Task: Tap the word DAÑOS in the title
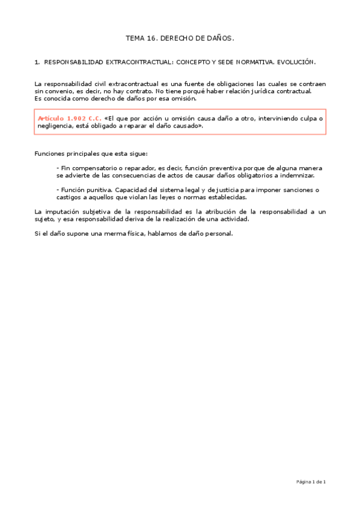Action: tap(219, 38)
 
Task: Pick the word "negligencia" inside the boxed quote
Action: tap(53, 126)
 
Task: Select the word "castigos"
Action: tap(69, 197)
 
